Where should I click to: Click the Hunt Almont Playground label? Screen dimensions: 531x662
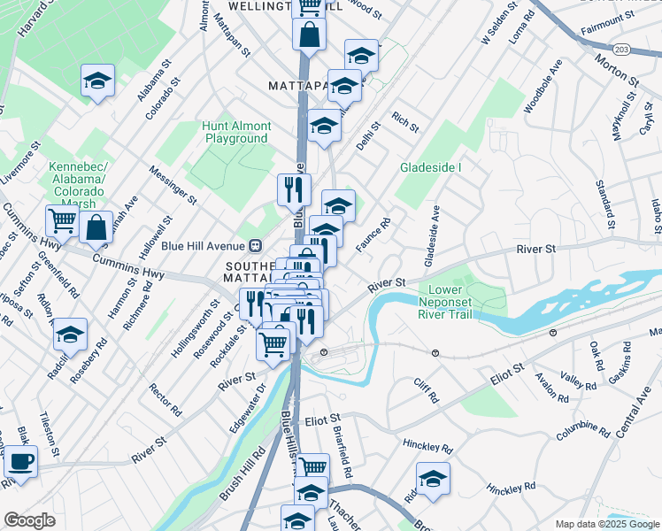coord(236,133)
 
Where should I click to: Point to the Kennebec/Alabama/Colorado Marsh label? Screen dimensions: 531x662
coord(77,185)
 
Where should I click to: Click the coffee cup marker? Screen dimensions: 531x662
coord(20,461)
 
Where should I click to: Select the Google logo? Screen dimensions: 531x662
coord(29,520)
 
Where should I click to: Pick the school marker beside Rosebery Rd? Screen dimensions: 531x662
coord(70,335)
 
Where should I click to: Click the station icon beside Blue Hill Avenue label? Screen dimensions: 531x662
coord(255,245)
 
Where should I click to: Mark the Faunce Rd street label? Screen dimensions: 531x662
coord(373,235)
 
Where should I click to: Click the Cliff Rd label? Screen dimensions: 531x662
coord(426,390)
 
